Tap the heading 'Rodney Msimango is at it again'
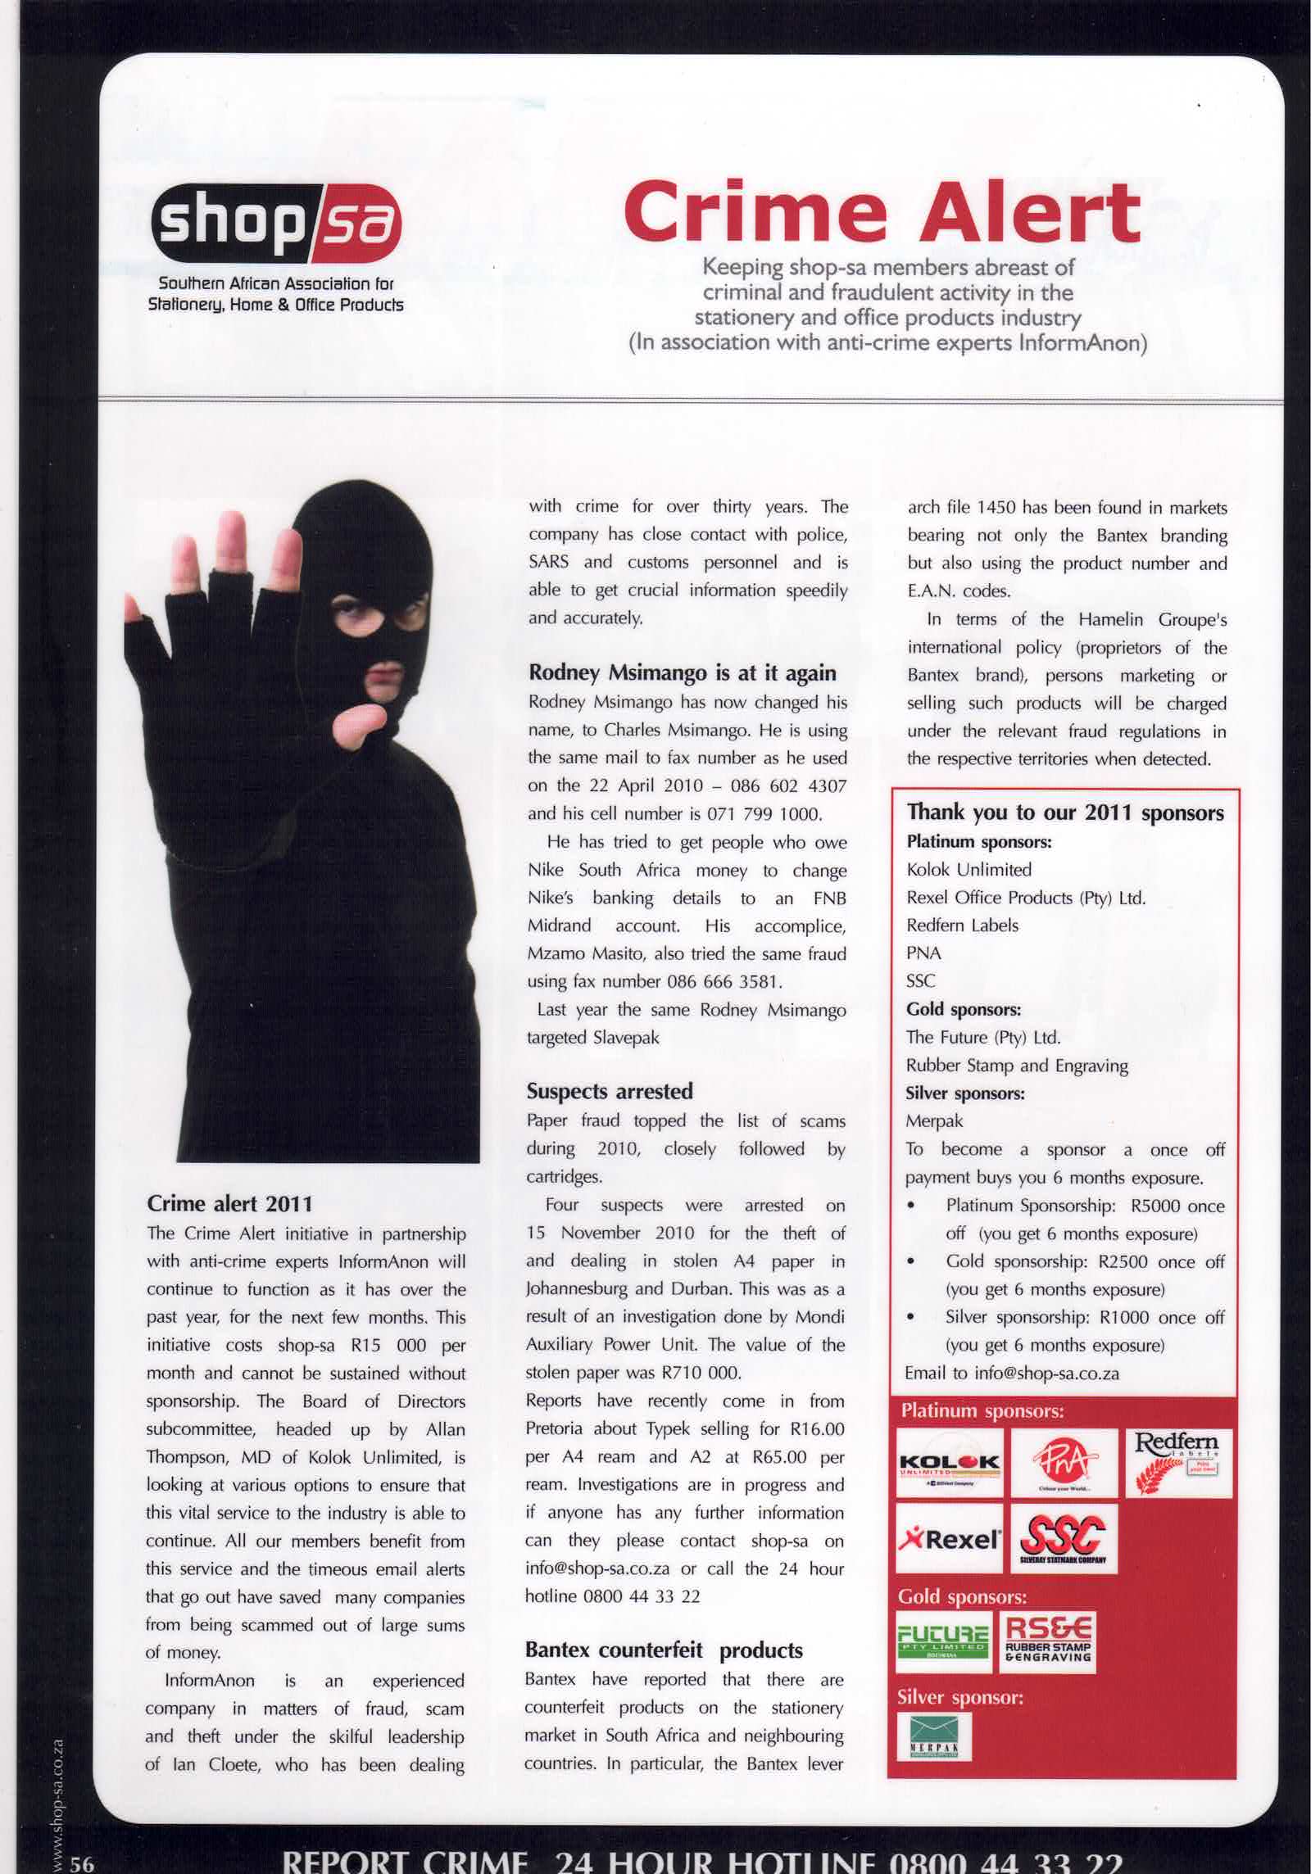[682, 673]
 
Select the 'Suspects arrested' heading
[610, 1091]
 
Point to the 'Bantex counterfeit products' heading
[664, 1650]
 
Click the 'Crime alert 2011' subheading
[229, 1203]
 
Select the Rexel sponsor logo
[949, 1539]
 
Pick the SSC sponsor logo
[1063, 1539]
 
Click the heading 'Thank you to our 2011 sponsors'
[1064, 813]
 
